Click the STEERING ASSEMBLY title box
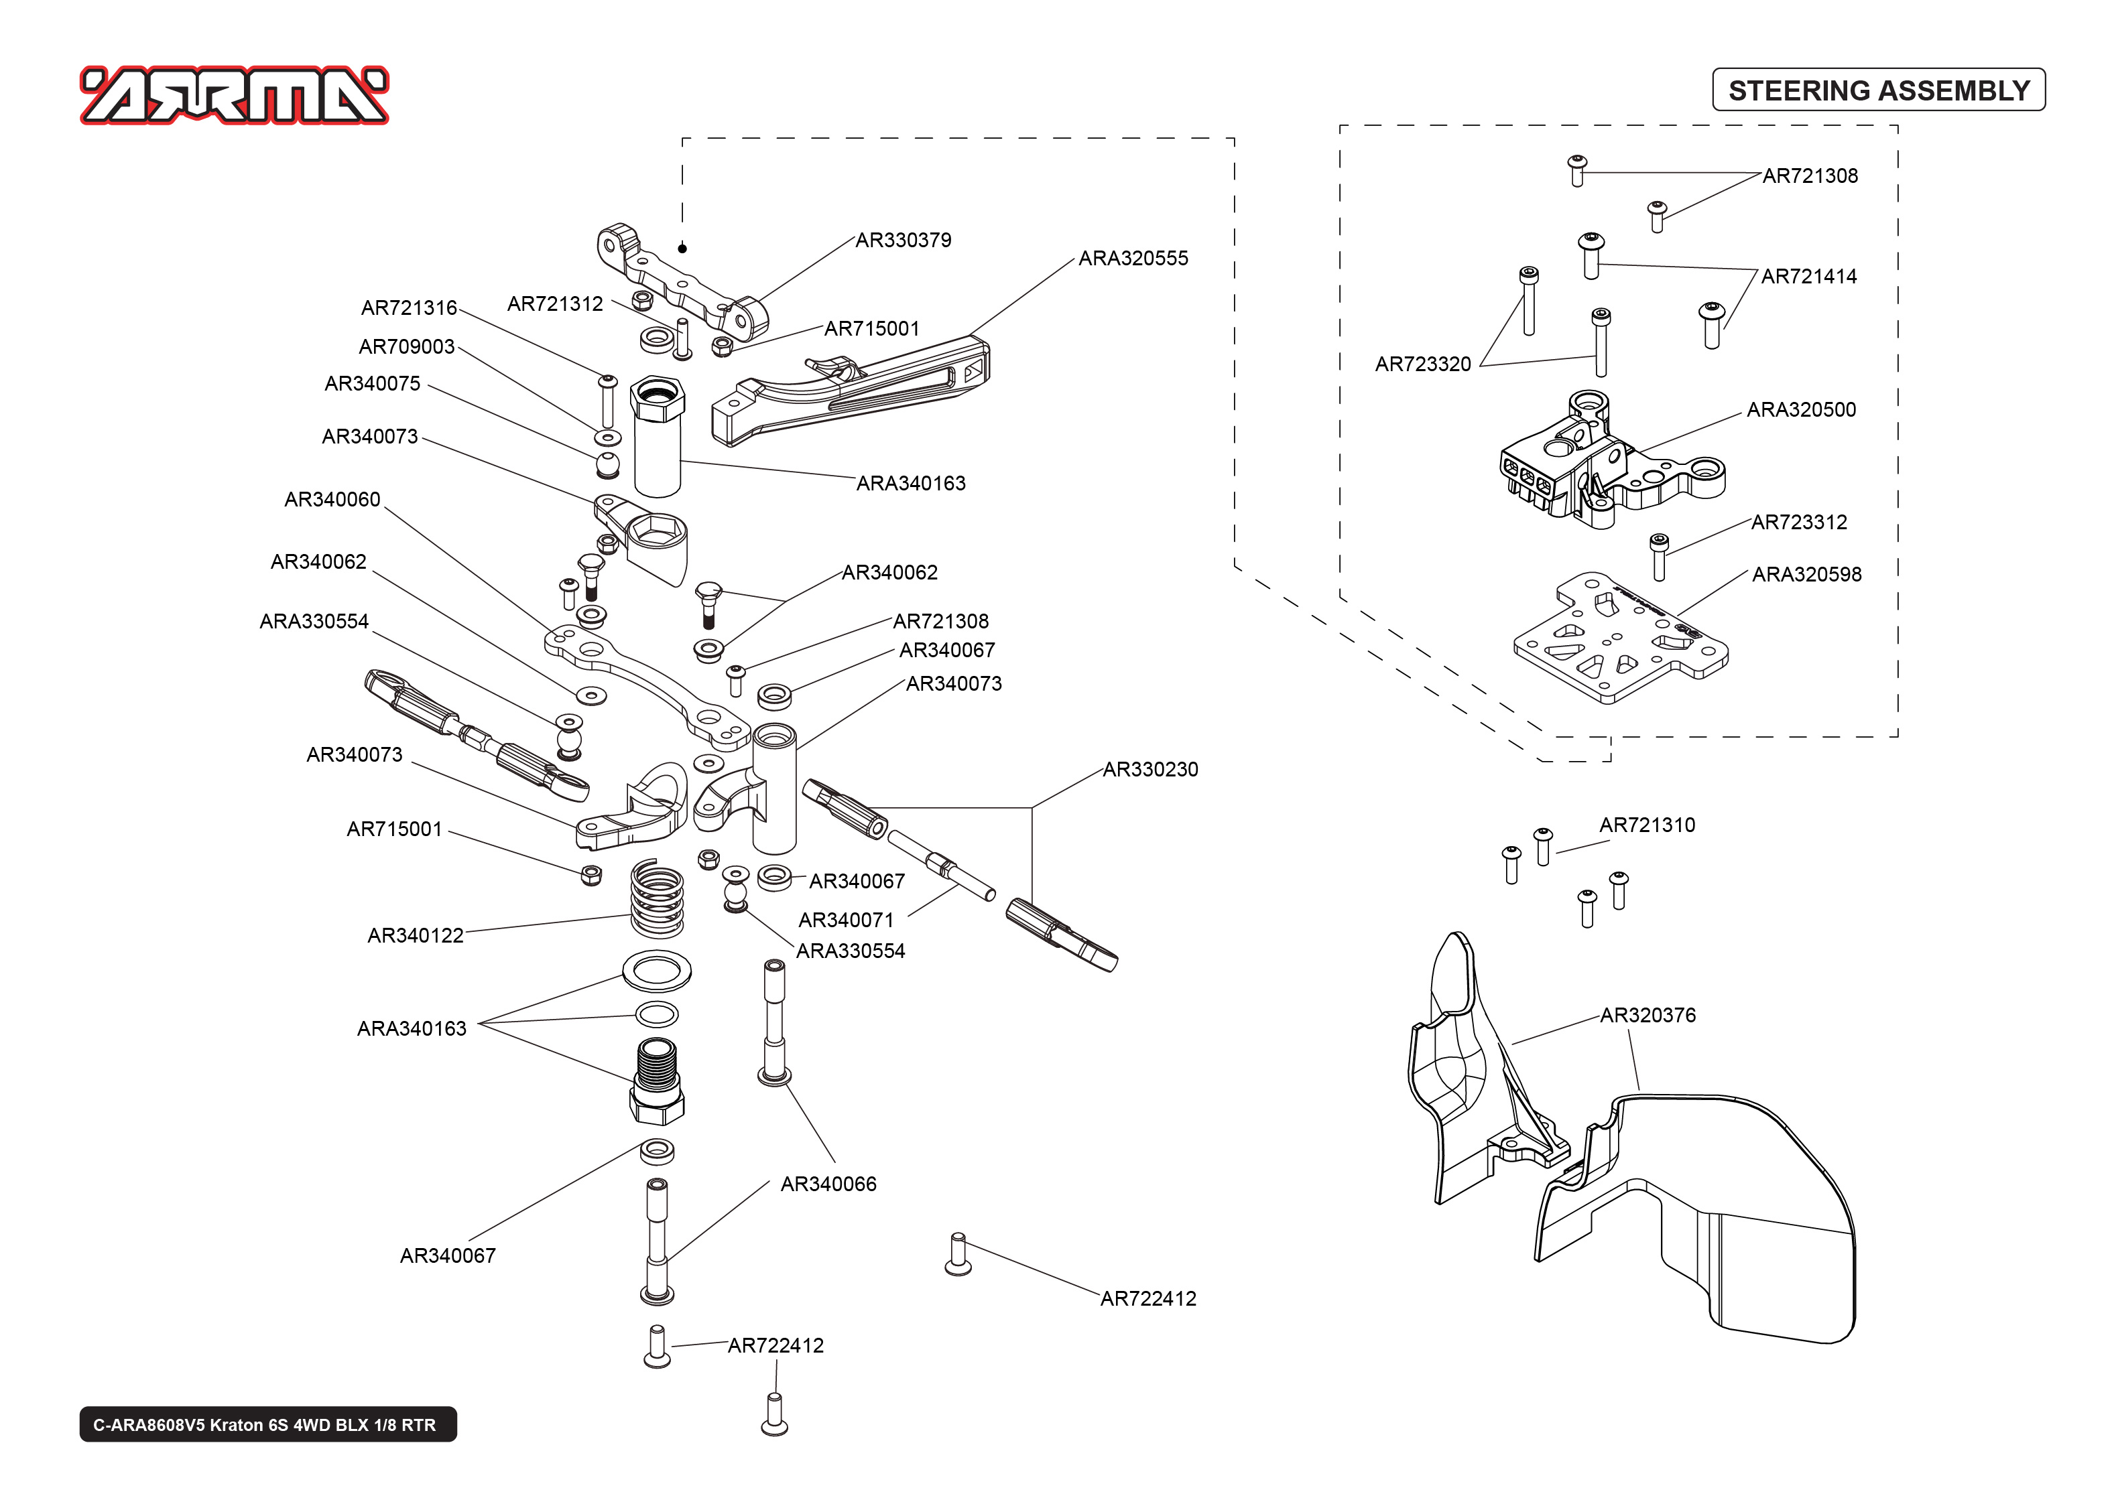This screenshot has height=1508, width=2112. (x=1878, y=90)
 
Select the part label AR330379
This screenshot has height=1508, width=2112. (x=903, y=240)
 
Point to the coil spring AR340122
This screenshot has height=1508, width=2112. (x=657, y=899)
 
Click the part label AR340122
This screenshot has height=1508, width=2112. (x=415, y=935)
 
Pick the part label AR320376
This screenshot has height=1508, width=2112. (x=1647, y=1015)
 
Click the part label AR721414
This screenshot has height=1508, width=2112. (x=1808, y=276)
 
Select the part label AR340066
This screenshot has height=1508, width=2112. (x=828, y=1184)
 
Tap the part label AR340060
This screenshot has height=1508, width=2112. (x=332, y=500)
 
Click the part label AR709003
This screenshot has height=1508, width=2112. (x=406, y=346)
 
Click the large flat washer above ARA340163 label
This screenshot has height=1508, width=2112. (x=657, y=972)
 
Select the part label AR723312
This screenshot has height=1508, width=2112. (x=1798, y=522)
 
